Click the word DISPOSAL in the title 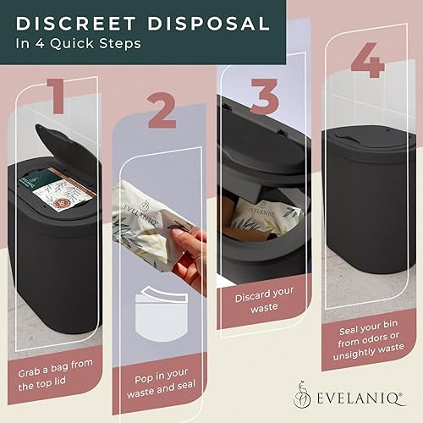pyautogui.click(x=213, y=23)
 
